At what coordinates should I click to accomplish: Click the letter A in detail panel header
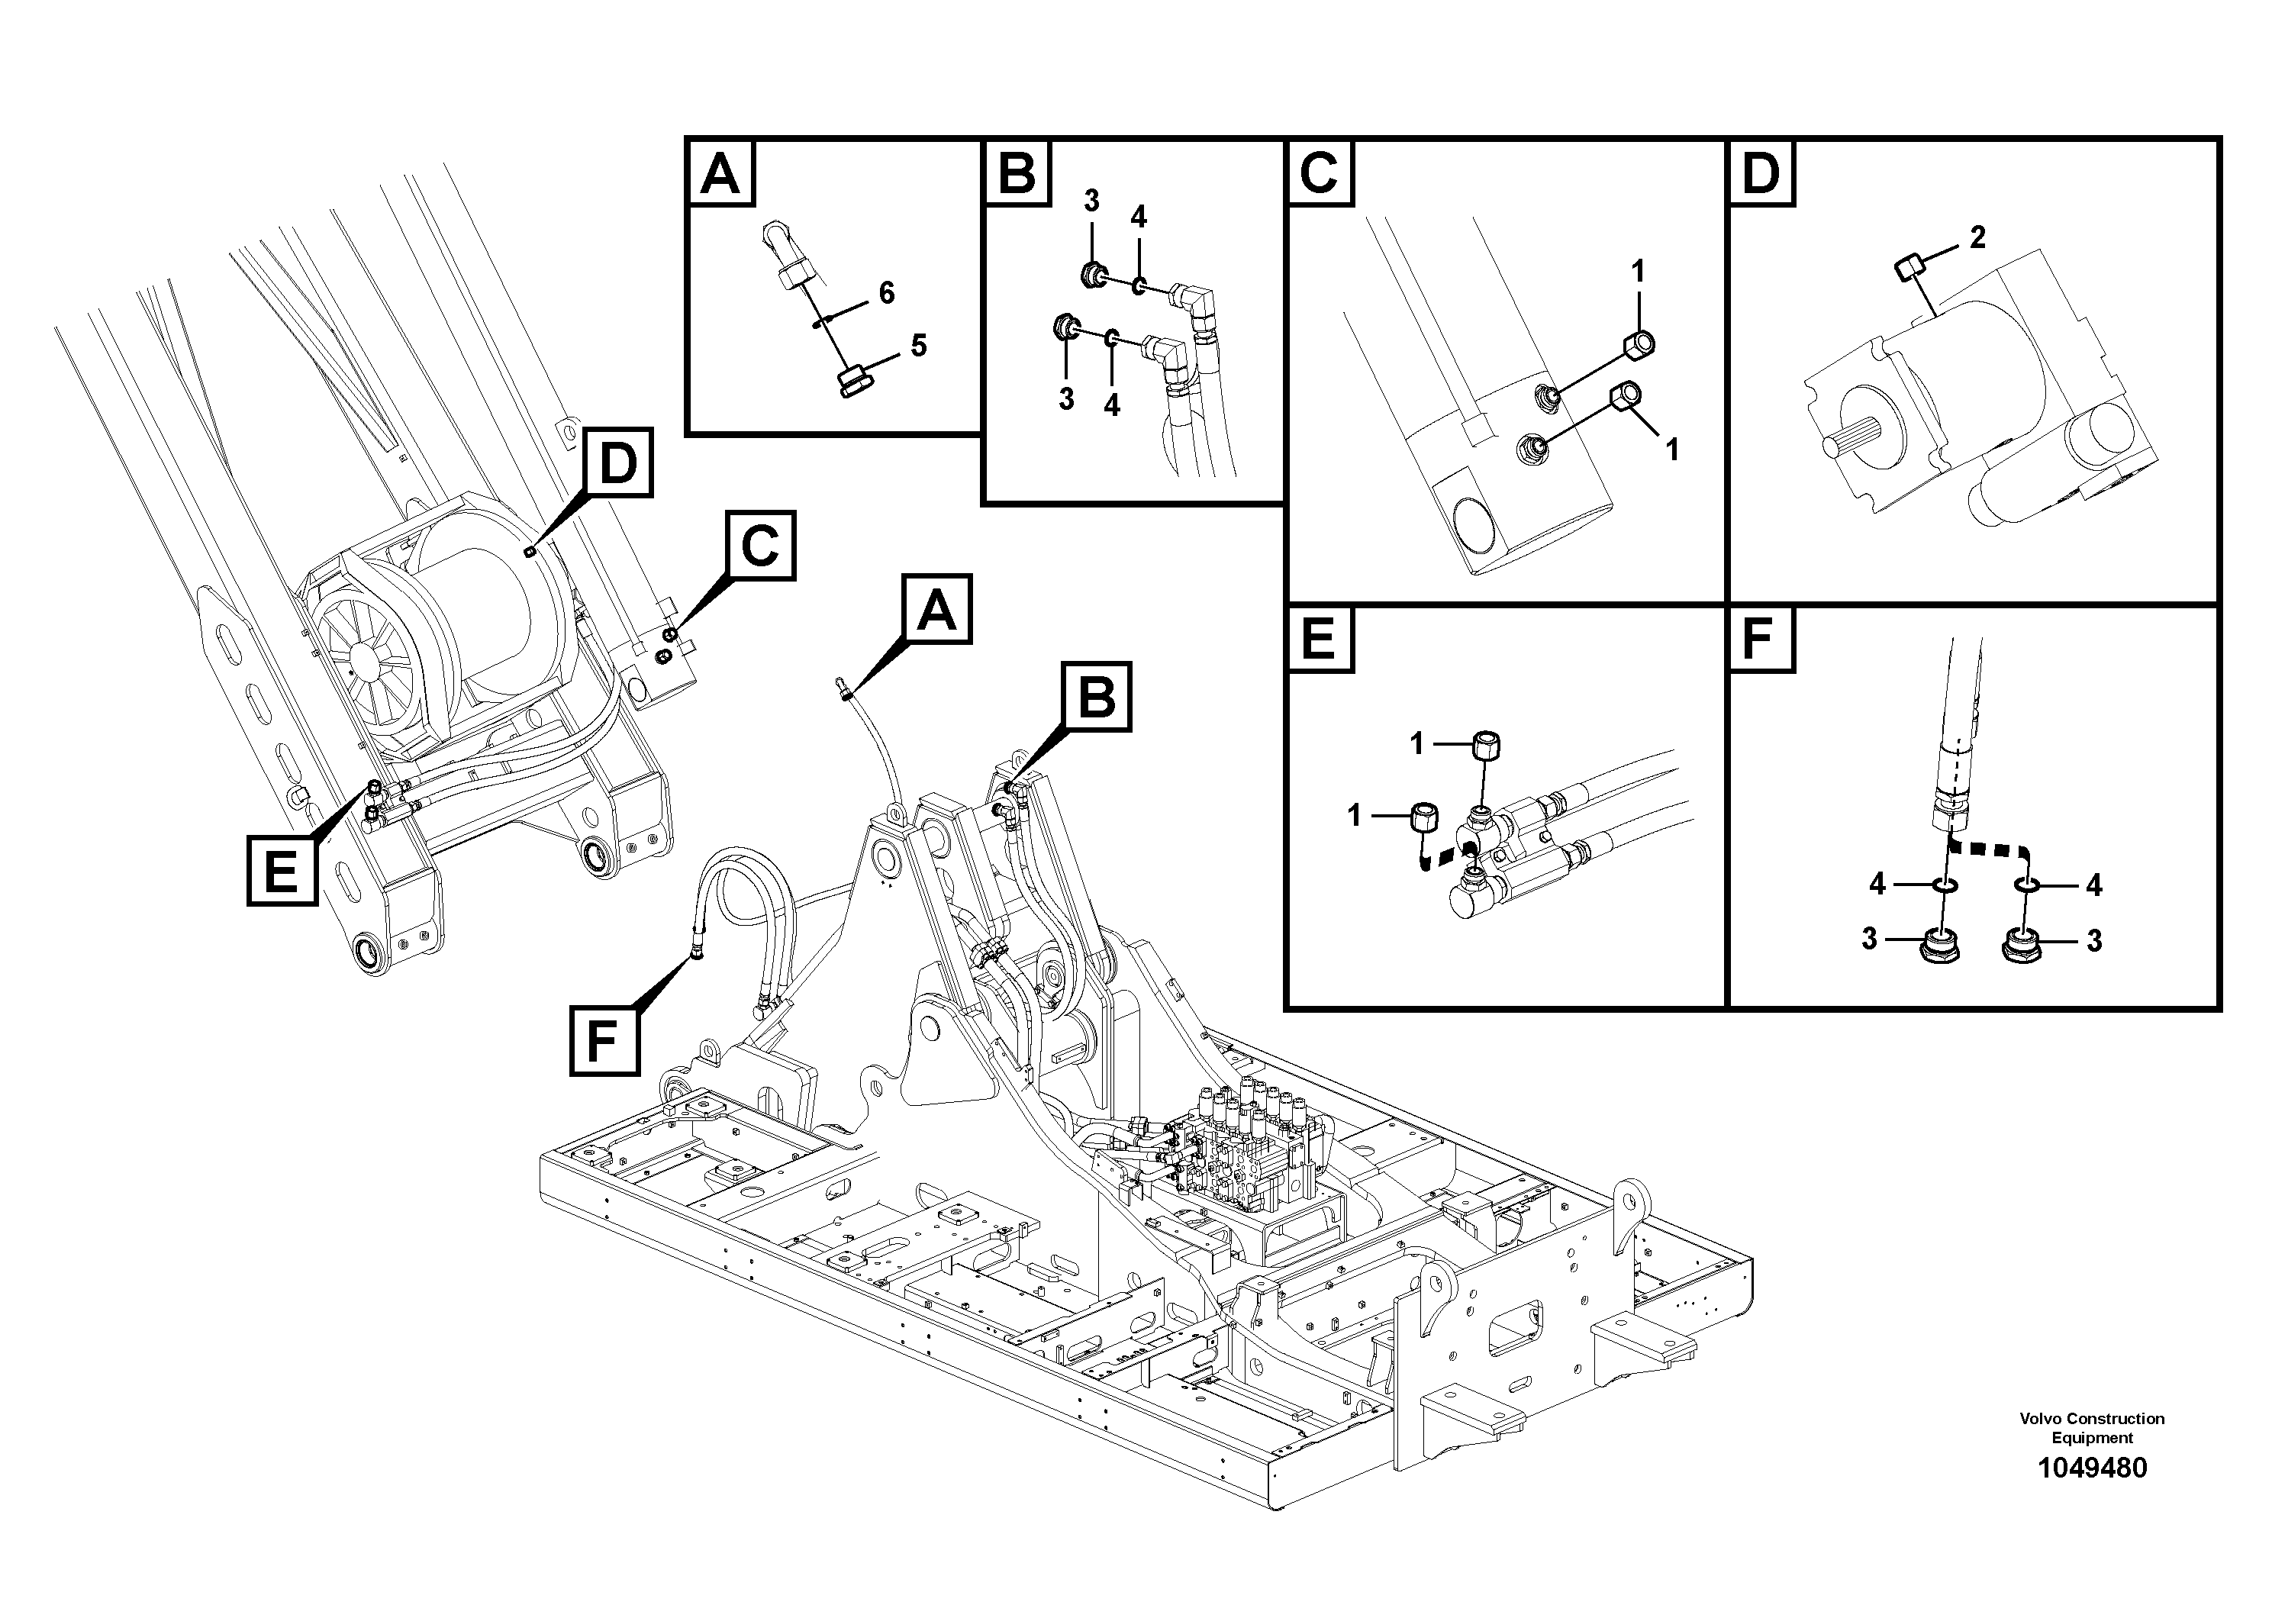720,174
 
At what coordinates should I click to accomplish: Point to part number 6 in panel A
885,293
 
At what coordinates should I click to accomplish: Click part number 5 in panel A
917,345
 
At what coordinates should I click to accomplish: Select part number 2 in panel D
1977,237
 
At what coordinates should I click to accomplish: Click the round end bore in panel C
1471,528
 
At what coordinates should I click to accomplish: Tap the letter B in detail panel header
1017,174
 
